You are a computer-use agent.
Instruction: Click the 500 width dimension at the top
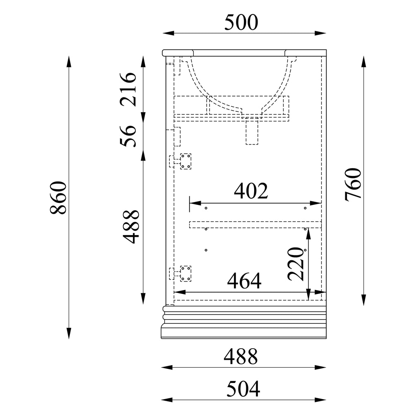(241, 22)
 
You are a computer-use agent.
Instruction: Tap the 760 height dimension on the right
(353, 184)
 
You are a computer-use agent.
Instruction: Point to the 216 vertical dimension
(128, 89)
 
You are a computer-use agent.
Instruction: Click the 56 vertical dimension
(128, 136)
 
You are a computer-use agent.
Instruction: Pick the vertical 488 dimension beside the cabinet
(131, 226)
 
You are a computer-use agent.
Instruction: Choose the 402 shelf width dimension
(251, 190)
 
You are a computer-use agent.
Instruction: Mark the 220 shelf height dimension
(296, 264)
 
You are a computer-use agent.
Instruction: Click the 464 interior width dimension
(244, 281)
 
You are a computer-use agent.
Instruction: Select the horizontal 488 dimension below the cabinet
(241, 356)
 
